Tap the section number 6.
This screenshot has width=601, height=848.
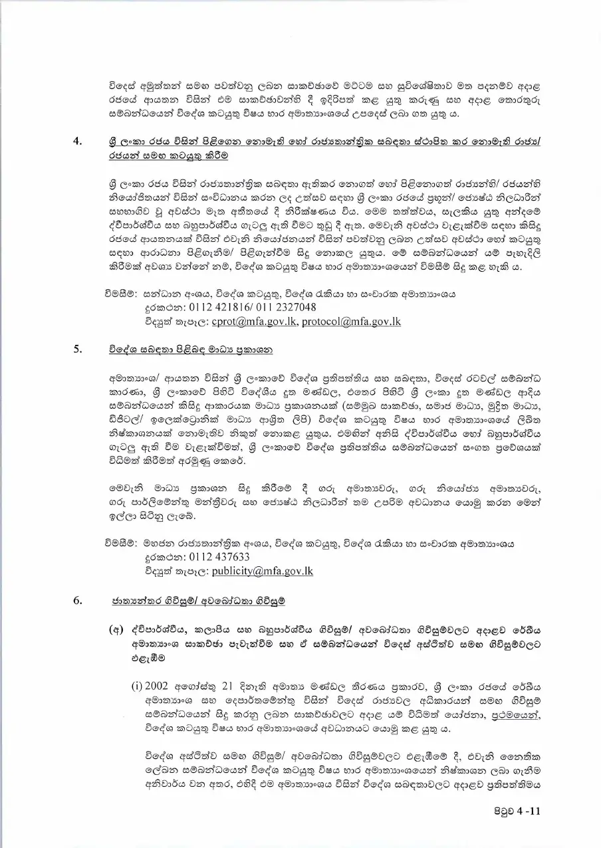tap(78, 601)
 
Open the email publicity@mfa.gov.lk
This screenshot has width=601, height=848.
tap(262, 571)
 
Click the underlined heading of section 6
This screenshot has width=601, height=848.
tap(198, 601)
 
